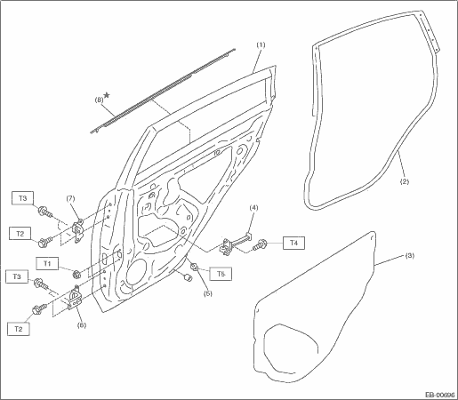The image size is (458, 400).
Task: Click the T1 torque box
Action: pos(47,263)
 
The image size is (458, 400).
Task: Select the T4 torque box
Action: pos(293,243)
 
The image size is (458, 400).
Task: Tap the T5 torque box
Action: pos(221,274)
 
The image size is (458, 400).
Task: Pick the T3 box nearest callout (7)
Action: pos(22,198)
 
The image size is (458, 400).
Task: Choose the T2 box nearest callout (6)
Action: pos(19,329)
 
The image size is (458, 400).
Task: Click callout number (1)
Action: pos(261,44)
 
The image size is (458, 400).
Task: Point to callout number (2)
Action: pos(405,181)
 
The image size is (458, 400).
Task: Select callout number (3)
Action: pos(409,255)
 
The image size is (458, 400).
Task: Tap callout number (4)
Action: pos(253,207)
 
